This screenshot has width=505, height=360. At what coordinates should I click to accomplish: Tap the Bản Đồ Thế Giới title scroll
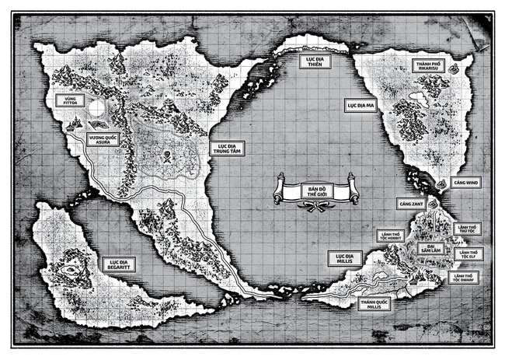pos(314,192)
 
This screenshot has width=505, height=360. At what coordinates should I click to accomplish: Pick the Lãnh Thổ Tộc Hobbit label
pos(388,236)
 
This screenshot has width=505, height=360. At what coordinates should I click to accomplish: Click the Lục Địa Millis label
pos(342,258)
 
